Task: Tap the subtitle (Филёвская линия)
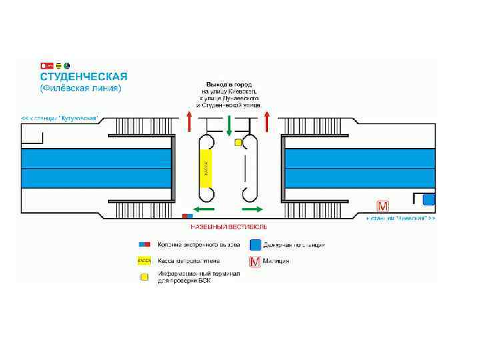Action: click(81, 88)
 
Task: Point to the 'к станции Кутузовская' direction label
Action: click(60, 118)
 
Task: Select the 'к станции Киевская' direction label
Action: click(401, 218)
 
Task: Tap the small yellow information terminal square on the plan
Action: click(237, 143)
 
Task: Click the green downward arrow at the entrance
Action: click(229, 124)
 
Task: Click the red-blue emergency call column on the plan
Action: click(187, 216)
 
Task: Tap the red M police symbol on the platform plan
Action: click(383, 205)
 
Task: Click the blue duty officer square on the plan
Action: click(429, 199)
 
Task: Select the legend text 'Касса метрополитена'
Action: click(188, 261)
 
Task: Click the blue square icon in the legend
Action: click(254, 244)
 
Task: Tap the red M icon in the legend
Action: click(254, 261)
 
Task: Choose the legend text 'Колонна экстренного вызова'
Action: click(199, 244)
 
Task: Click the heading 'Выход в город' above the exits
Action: click(227, 85)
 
